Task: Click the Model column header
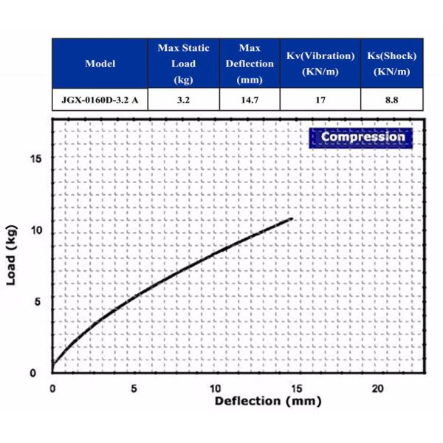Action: coord(100,63)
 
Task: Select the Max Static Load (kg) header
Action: coord(184,63)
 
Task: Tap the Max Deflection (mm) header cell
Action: coord(250,63)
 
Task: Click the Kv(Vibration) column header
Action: coord(320,63)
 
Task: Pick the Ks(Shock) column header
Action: coord(392,63)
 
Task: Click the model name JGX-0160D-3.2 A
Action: coord(100,100)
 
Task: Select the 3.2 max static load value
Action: coord(184,100)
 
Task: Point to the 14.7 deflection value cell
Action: coord(250,100)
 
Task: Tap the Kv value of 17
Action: coord(320,100)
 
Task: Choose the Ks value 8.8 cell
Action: coord(392,100)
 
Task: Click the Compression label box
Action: coord(363,137)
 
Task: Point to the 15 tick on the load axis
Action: coord(38,159)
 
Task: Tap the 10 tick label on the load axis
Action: coord(38,230)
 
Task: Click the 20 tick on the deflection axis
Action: coord(377,388)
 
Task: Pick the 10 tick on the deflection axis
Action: coord(215,388)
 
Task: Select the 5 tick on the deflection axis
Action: coord(134,388)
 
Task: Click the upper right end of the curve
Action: coord(292,219)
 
